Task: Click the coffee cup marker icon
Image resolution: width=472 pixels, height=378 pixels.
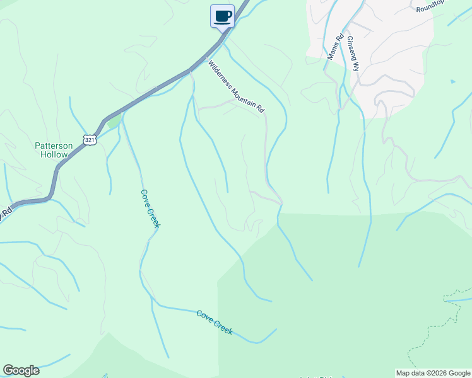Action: pos(222,16)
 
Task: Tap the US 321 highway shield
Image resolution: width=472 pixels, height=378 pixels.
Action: pos(91,139)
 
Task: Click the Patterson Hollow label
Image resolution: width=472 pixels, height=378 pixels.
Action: pos(54,149)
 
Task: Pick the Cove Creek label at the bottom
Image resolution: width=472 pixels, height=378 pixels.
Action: pos(215,322)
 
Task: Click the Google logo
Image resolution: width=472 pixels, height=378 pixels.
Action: pos(21,370)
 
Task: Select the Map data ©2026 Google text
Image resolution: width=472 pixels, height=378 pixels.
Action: pos(432,373)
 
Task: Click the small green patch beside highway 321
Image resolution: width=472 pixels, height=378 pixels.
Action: pos(113,122)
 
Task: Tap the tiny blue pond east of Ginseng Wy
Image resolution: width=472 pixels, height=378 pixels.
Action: pos(452,81)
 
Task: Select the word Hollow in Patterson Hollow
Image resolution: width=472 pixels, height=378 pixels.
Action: pos(54,154)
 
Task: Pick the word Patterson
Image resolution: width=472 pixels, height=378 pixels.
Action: pos(54,146)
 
